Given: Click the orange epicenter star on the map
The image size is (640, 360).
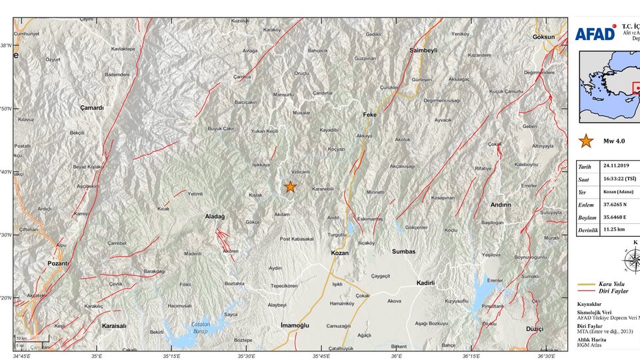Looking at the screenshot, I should (x=290, y=187).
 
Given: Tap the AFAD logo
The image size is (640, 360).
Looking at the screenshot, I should (x=595, y=33).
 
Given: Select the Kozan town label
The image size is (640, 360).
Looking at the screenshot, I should (x=340, y=253).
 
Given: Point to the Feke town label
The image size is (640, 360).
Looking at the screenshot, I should (x=369, y=115).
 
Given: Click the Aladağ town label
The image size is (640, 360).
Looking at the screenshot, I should (x=215, y=217).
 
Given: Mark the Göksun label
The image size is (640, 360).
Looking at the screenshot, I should (x=543, y=37).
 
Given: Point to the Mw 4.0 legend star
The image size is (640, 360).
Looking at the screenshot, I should (x=586, y=141).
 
